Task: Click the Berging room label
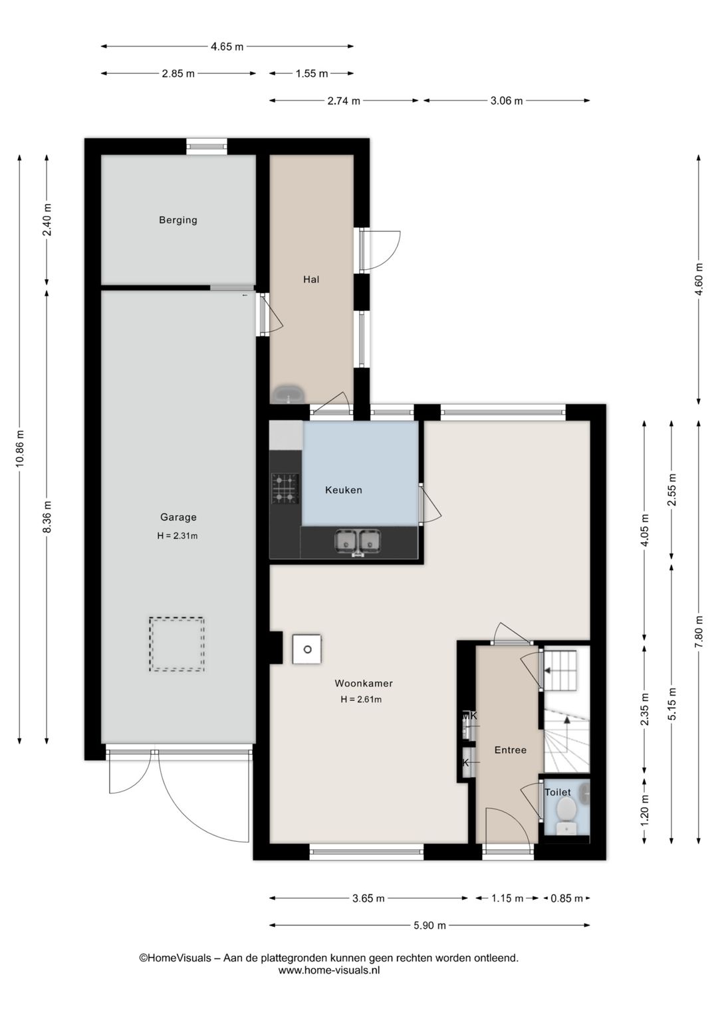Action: pyautogui.click(x=178, y=220)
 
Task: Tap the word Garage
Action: pyautogui.click(x=178, y=517)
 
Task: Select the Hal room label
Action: pyautogui.click(x=311, y=279)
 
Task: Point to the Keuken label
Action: pyautogui.click(x=343, y=490)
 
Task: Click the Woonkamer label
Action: pyautogui.click(x=363, y=683)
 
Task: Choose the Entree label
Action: pyautogui.click(x=510, y=750)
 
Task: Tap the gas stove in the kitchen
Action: pyautogui.click(x=285, y=489)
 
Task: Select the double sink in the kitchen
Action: pyautogui.click(x=358, y=542)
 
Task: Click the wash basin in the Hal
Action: pyautogui.click(x=287, y=394)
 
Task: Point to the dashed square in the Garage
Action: pyautogui.click(x=177, y=644)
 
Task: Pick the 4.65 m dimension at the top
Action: pyautogui.click(x=227, y=47)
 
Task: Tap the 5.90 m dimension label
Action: pyautogui.click(x=429, y=925)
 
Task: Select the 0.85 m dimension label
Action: pyautogui.click(x=566, y=898)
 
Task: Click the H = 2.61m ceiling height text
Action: pyautogui.click(x=361, y=700)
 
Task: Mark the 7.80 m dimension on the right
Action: pyautogui.click(x=699, y=632)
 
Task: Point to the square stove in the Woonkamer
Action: pyautogui.click(x=306, y=649)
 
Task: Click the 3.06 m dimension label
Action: pyautogui.click(x=507, y=101)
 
